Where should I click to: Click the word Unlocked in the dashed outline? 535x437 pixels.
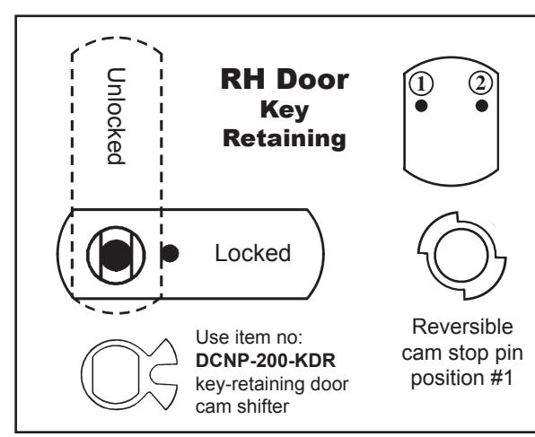click(x=116, y=116)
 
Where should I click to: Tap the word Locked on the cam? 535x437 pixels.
click(x=253, y=253)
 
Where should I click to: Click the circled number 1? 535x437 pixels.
click(x=421, y=83)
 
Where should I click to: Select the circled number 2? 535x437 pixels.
click(x=481, y=83)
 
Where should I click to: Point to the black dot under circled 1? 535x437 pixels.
click(x=421, y=105)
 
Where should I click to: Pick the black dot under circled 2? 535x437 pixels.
click(x=481, y=105)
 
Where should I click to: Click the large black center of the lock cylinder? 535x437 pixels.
click(x=117, y=256)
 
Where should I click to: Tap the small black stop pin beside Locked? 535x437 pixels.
click(x=170, y=253)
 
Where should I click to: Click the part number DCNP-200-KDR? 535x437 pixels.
click(x=266, y=361)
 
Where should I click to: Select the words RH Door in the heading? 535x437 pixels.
click(x=285, y=80)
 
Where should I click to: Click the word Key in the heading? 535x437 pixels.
click(x=285, y=110)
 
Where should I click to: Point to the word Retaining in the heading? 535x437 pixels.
click(x=285, y=139)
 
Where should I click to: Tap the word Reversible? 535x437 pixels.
click(x=462, y=327)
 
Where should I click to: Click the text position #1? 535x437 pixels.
click(x=462, y=379)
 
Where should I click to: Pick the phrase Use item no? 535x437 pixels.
click(x=249, y=337)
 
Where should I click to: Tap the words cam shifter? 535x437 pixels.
click(x=242, y=406)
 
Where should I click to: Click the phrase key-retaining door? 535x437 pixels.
click(x=272, y=384)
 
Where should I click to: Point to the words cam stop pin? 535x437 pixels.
click(x=462, y=353)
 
